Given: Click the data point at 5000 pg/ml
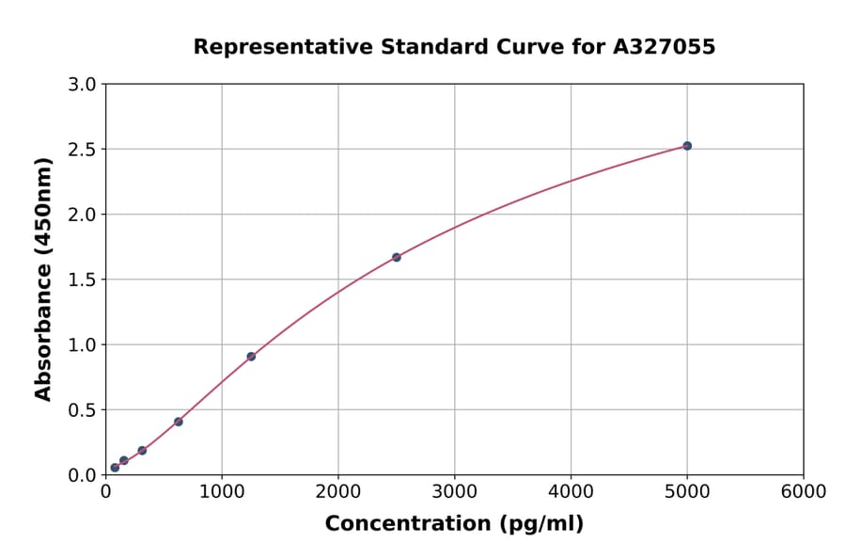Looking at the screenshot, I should pyautogui.click(x=687, y=146).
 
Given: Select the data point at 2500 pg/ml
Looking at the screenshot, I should pyautogui.click(x=397, y=257).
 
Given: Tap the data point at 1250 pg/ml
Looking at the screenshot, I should pyautogui.click(x=251, y=357).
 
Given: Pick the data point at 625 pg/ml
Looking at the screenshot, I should pyautogui.click(x=179, y=422).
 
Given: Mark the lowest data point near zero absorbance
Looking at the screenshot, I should pyautogui.click(x=115, y=468).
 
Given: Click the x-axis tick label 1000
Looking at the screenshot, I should pyautogui.click(x=222, y=492).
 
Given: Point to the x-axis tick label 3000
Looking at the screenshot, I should pyautogui.click(x=455, y=492).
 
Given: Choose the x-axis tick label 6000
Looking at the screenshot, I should pyautogui.click(x=804, y=492).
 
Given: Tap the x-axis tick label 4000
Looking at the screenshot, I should pyautogui.click(x=571, y=492).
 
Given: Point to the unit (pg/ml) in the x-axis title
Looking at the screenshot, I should pyautogui.click(x=540, y=524).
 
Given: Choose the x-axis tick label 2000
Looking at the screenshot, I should pyautogui.click(x=338, y=492).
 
